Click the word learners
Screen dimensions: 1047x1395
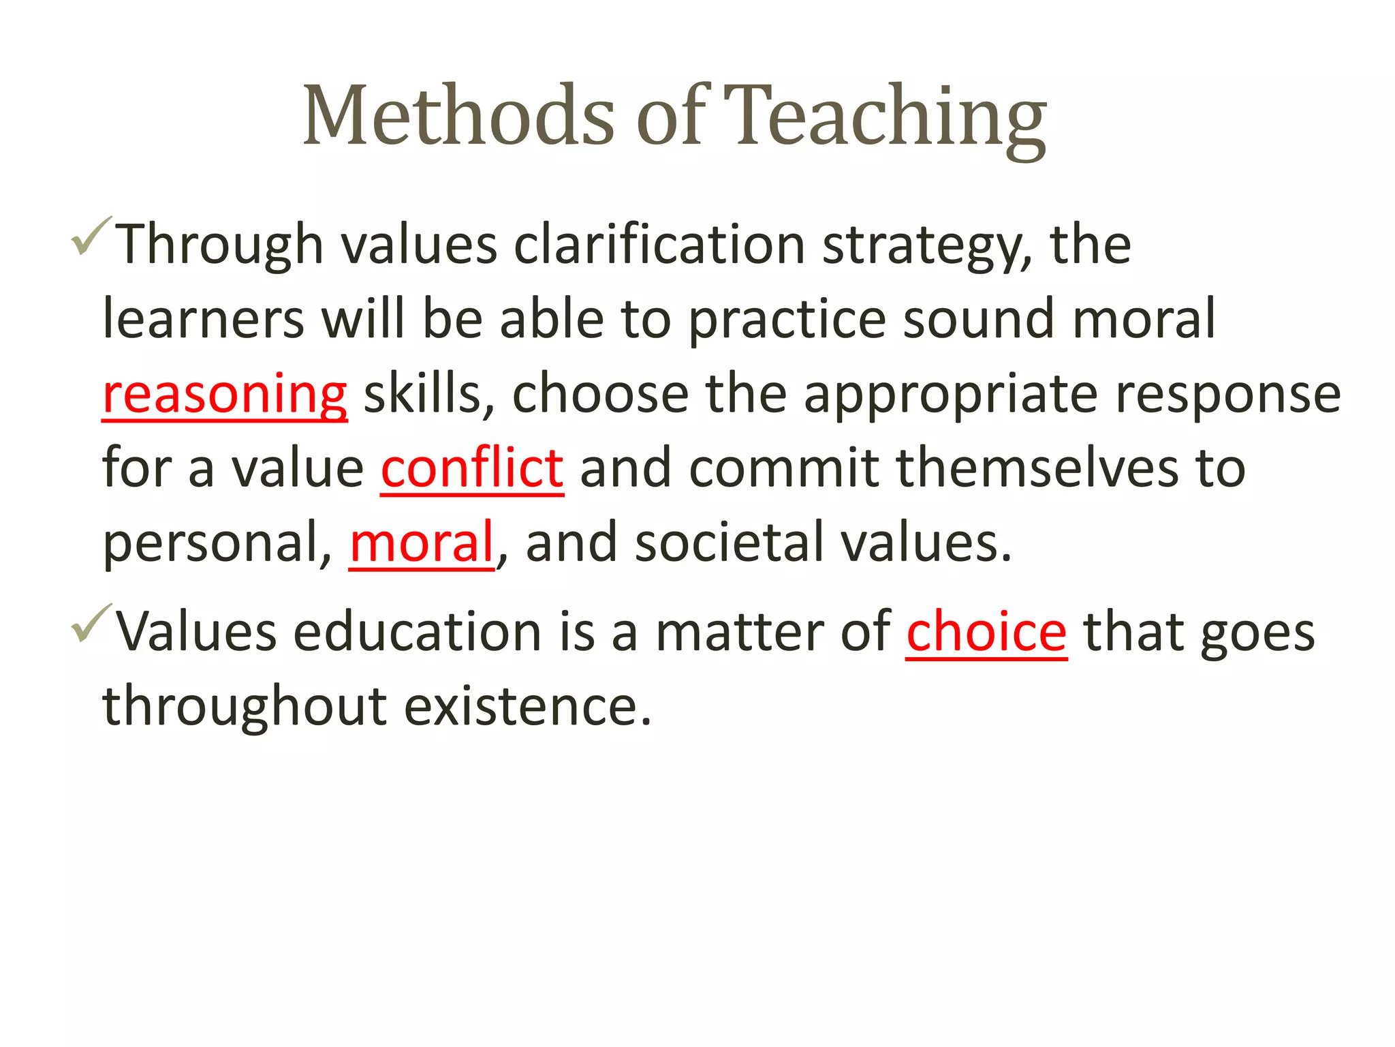point(203,319)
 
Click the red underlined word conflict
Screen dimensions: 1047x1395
point(471,469)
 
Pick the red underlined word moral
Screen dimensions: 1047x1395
point(421,543)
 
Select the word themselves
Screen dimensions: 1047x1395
point(1037,469)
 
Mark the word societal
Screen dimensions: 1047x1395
point(729,543)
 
